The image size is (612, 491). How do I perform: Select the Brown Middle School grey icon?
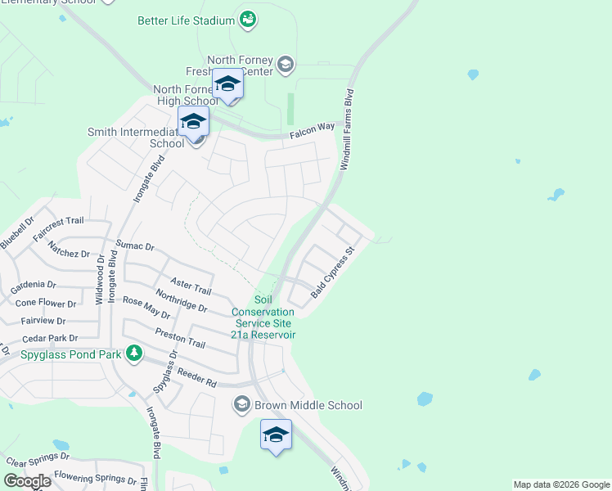[241, 404]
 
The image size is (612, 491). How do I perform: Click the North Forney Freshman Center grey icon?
[285, 64]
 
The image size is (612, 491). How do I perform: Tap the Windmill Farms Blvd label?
[347, 129]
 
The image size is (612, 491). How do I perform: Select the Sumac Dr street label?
[135, 245]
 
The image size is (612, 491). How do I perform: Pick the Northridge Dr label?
[181, 303]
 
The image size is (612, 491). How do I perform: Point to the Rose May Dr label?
[146, 308]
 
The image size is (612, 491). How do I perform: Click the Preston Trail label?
[179, 338]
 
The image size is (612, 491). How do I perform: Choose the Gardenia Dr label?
[34, 286]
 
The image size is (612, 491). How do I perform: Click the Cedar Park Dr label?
[50, 338]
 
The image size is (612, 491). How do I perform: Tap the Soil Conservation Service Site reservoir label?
[263, 317]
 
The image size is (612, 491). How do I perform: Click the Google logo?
[26, 481]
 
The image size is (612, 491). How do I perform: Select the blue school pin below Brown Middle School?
[276, 435]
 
